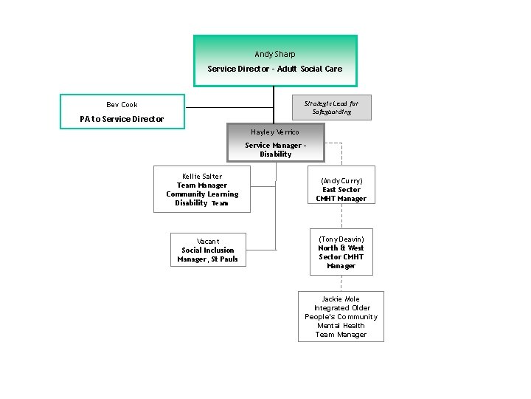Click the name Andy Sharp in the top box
pyautogui.click(x=274, y=54)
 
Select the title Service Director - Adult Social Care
pyautogui.click(x=274, y=69)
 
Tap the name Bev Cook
pyautogui.click(x=122, y=105)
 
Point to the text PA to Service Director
pyautogui.click(x=122, y=119)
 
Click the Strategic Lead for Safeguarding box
pyautogui.click(x=331, y=107)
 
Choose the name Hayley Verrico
pyautogui.click(x=275, y=132)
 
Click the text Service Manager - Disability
pyautogui.click(x=275, y=150)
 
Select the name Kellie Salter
pyautogui.click(x=202, y=177)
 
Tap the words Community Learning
pyautogui.click(x=202, y=194)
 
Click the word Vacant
pyautogui.click(x=208, y=242)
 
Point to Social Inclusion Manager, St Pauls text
pyautogui.click(x=208, y=255)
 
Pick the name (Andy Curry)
pyautogui.click(x=341, y=181)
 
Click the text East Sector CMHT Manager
pyautogui.click(x=341, y=194)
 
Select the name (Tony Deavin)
pyautogui.click(x=341, y=239)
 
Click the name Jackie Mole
pyautogui.click(x=341, y=299)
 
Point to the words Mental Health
pyautogui.click(x=341, y=326)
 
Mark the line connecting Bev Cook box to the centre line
pyautogui.click(x=229, y=108)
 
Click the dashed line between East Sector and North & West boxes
pyautogui.click(x=341, y=216)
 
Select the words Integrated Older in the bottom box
pyautogui.click(x=341, y=308)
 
